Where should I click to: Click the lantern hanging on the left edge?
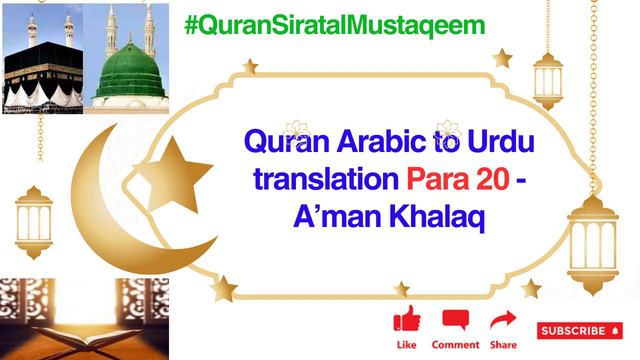[33, 220]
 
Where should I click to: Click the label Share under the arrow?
[504, 345]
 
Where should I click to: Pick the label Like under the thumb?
[406, 345]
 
